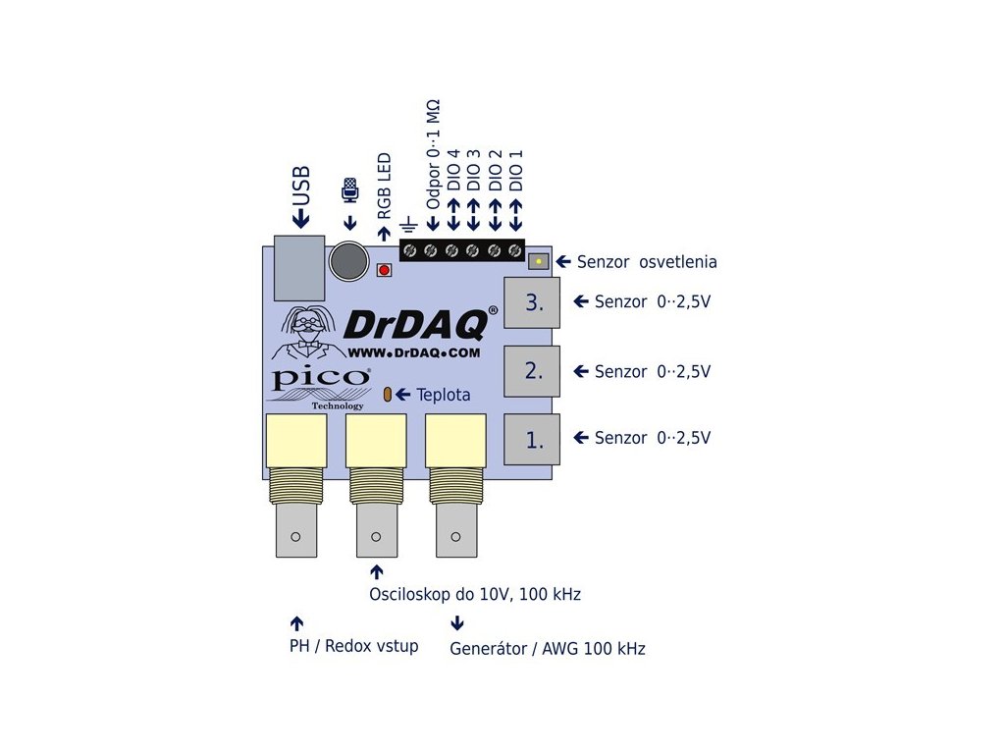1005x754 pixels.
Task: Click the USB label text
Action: tap(301, 185)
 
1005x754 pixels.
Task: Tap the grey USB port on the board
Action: tap(299, 268)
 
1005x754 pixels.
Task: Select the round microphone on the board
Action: tap(347, 261)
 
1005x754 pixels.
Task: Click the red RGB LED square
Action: tap(384, 269)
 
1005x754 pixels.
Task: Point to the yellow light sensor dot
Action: tap(539, 261)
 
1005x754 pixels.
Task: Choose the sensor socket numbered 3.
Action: tap(532, 302)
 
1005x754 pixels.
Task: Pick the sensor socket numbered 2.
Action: tap(532, 371)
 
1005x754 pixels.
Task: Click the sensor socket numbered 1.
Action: tap(532, 439)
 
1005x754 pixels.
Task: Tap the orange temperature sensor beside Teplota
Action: tap(388, 394)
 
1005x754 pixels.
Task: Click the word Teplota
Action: tap(444, 395)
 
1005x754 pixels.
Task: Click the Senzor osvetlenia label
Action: tap(647, 262)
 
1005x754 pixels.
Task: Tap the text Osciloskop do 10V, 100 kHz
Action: tap(475, 594)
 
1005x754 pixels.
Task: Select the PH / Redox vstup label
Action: tap(353, 645)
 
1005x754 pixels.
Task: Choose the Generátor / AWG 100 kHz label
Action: tap(548, 648)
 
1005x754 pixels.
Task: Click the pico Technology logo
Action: tap(320, 386)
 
